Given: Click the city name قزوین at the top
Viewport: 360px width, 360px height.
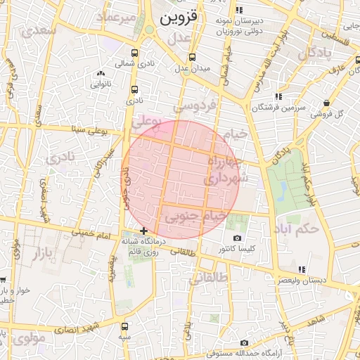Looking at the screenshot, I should coord(180,18).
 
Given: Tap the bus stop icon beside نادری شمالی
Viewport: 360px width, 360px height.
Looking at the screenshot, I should coord(134,52).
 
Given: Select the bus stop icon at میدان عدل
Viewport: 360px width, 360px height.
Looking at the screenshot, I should coord(191,58).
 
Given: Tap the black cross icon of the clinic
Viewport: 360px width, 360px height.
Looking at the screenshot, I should coord(143,231).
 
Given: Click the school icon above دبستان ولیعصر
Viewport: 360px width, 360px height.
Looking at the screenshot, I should coord(302,269).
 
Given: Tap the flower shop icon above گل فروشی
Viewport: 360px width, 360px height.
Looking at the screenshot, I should coord(326,103).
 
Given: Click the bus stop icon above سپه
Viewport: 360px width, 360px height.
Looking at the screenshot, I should coord(124,326).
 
